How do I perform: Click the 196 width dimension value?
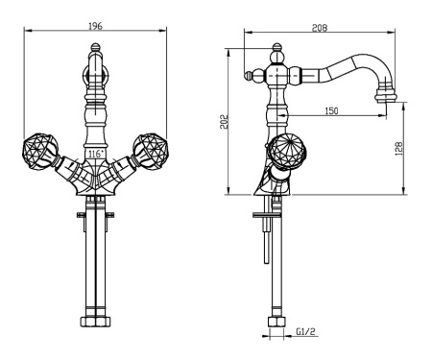(x=95, y=26)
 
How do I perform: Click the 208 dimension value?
(x=320, y=28)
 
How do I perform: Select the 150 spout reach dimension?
(x=331, y=111)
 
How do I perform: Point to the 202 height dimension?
(x=225, y=122)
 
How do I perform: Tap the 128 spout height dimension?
(x=399, y=149)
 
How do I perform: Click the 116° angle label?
(x=96, y=154)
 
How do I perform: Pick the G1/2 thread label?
(x=305, y=331)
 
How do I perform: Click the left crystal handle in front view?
(x=40, y=151)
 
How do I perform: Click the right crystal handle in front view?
(x=150, y=151)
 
